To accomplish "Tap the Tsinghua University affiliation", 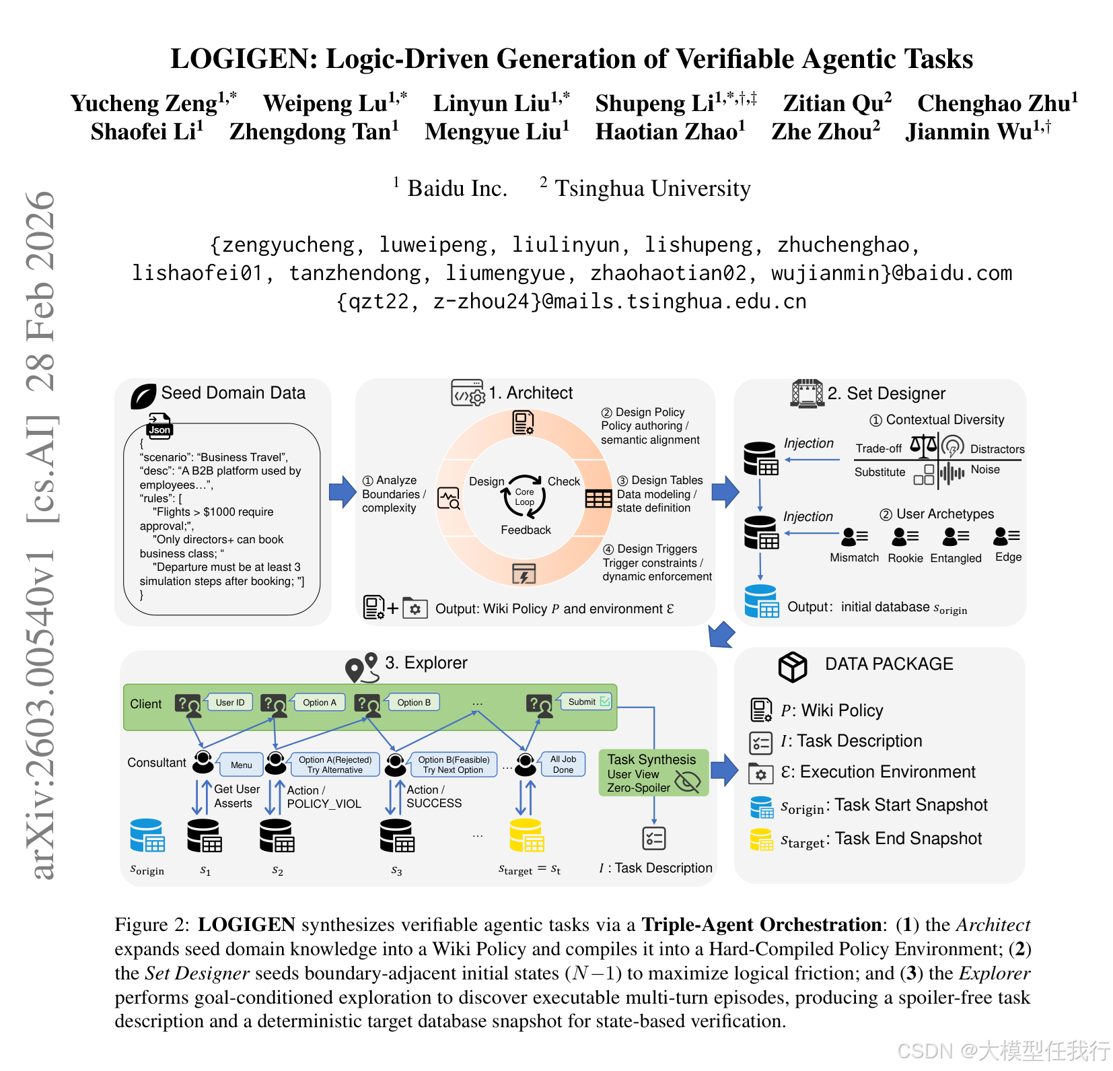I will pyautogui.click(x=652, y=188).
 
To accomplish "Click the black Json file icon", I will pyautogui.click(x=159, y=426).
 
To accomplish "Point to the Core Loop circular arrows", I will pyautogui.click(x=524, y=497).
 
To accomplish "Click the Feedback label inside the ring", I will pyautogui.click(x=526, y=530).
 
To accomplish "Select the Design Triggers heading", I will pyautogui.click(x=656, y=549).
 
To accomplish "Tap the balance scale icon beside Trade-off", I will pyautogui.click(x=923, y=445).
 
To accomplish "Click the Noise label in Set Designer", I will pyautogui.click(x=985, y=469).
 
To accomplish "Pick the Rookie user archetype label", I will pyautogui.click(x=905, y=558).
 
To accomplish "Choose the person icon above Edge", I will pyautogui.click(x=1007, y=536).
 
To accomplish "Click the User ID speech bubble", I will pyautogui.click(x=230, y=702).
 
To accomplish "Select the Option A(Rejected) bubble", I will pyautogui.click(x=335, y=764).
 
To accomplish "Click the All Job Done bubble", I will pyautogui.click(x=563, y=764).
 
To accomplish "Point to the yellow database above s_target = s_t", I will pyautogui.click(x=526, y=835).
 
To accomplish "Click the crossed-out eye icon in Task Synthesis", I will pyautogui.click(x=688, y=781).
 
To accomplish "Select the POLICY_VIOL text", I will pyautogui.click(x=324, y=804).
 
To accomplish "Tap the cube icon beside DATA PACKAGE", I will pyautogui.click(x=792, y=666).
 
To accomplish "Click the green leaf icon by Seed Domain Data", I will pyautogui.click(x=143, y=396).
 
